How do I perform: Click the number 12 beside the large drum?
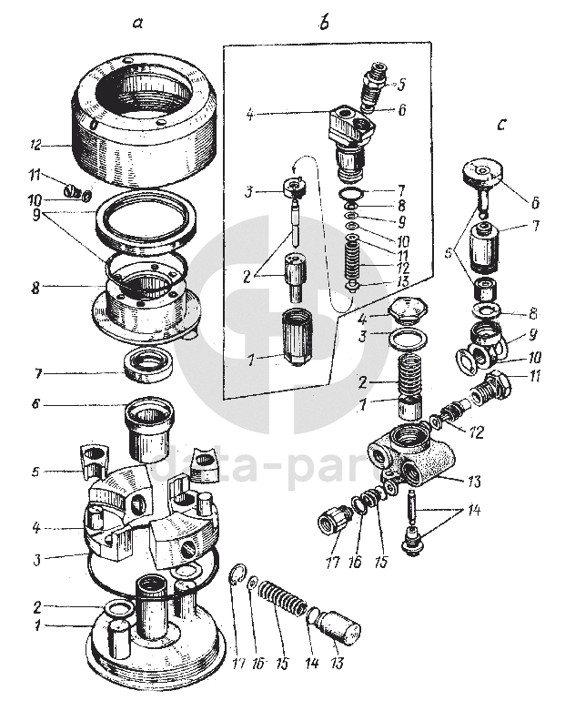tap(37, 143)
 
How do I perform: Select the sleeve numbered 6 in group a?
tap(147, 428)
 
